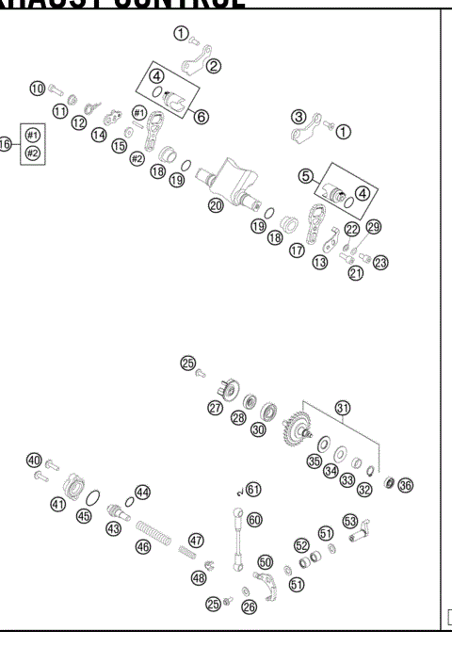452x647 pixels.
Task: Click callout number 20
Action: click(216, 203)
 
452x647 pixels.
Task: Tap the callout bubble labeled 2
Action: click(214, 65)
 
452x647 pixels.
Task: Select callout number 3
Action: click(299, 117)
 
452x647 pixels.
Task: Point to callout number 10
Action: click(38, 89)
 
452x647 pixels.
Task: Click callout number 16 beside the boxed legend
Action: click(5, 145)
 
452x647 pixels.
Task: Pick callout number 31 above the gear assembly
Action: click(344, 407)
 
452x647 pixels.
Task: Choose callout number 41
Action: click(58, 505)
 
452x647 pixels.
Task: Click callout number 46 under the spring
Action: click(143, 545)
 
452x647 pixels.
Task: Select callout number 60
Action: click(253, 519)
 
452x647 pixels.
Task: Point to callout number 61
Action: click(254, 489)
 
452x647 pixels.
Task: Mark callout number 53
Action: click(350, 520)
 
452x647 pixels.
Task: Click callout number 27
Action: click(216, 408)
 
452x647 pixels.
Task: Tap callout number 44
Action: click(142, 492)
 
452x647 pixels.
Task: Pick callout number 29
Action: click(374, 228)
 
